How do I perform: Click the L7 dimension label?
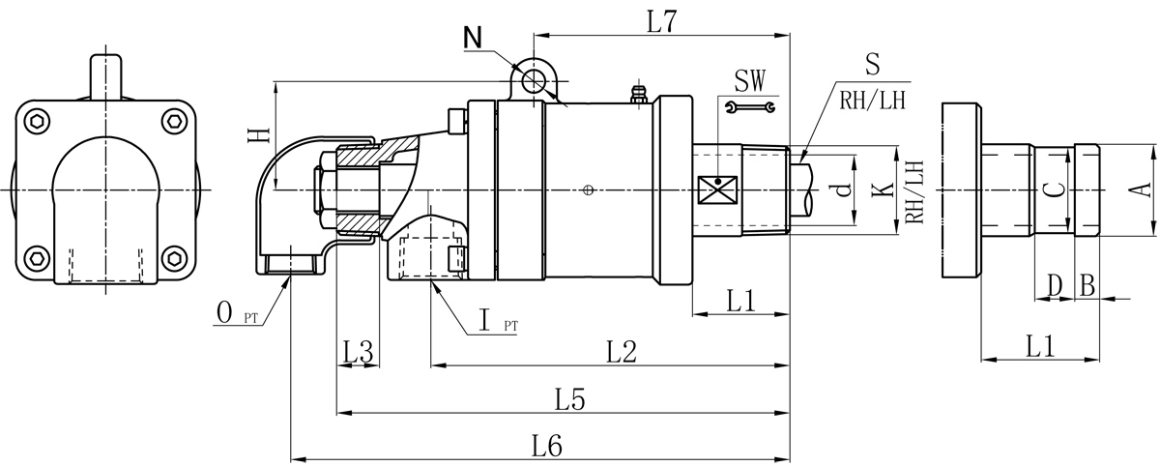[x=661, y=22]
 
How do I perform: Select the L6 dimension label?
[x=547, y=446]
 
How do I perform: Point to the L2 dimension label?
[x=621, y=352]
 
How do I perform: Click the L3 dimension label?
[x=358, y=352]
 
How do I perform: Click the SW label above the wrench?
[x=752, y=79]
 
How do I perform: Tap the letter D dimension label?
[x=1055, y=286]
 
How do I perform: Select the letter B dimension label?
[x=1087, y=286]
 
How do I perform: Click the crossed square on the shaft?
[x=716, y=189]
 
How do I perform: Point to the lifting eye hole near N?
[x=532, y=80]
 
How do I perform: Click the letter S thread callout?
[x=871, y=66]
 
